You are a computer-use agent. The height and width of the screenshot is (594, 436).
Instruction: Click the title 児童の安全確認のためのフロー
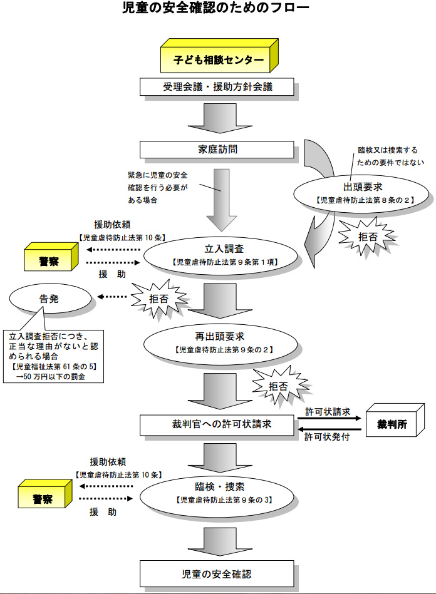(216, 9)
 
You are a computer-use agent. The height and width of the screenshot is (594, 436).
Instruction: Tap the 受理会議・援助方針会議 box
(217, 87)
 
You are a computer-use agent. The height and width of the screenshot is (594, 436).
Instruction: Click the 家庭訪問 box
(217, 150)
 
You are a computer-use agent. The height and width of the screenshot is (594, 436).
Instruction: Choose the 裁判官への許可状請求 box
(217, 426)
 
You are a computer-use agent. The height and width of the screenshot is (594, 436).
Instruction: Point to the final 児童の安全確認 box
(217, 573)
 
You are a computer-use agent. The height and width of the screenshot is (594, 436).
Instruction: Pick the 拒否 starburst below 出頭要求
(366, 237)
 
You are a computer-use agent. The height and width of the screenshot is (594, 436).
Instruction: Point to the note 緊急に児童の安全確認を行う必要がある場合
(157, 187)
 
